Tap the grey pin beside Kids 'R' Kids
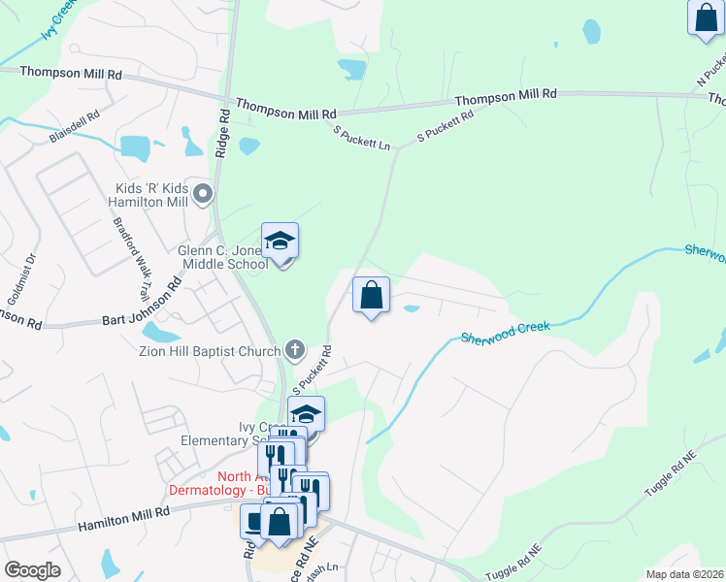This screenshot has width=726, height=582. tap(203, 195)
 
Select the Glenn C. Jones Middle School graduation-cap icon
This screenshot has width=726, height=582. tap(280, 241)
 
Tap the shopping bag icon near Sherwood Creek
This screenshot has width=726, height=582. tap(371, 296)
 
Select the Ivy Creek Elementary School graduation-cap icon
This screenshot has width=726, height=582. tap(307, 414)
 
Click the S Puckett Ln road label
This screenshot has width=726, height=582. tap(361, 138)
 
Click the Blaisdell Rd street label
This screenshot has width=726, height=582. tap(75, 129)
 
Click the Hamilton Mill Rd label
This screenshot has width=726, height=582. tap(127, 520)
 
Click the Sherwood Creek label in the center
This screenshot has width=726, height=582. tap(505, 333)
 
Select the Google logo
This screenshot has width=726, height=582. tap(32, 569)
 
